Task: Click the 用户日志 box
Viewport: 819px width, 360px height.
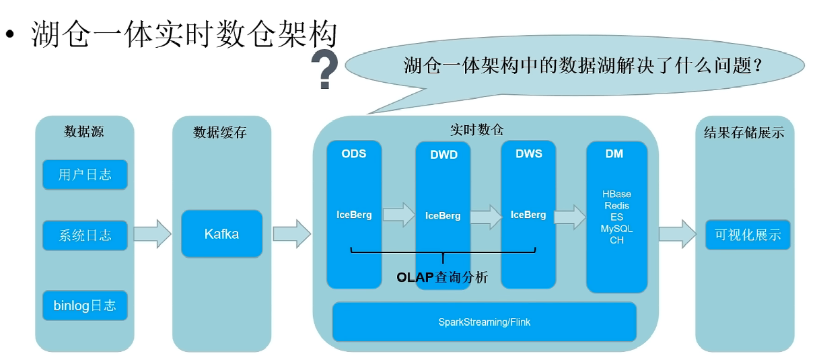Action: coord(85,175)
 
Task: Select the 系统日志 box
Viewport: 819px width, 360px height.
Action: coord(85,236)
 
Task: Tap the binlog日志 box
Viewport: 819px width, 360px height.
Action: coord(85,305)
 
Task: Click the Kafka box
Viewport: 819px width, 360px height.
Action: coord(221,234)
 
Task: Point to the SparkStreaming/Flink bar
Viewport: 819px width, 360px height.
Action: coord(484,322)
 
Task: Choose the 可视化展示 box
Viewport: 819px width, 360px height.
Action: coord(748,235)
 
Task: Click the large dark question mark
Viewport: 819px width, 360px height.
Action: coord(324,69)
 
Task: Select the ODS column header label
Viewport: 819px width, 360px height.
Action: coord(353,154)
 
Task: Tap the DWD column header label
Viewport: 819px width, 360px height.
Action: coord(443,155)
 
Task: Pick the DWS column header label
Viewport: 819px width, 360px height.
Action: coord(529,154)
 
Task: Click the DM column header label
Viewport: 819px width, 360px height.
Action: coord(614,154)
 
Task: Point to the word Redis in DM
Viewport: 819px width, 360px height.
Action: coord(617,206)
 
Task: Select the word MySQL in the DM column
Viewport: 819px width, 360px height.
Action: coord(617,229)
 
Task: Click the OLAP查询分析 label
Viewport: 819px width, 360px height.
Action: coord(442,277)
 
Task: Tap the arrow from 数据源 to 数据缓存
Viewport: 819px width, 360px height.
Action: coord(153,234)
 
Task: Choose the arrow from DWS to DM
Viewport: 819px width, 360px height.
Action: coord(570,217)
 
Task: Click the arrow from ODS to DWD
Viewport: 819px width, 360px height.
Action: coord(399,215)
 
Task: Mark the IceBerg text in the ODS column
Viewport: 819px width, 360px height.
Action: coord(354,215)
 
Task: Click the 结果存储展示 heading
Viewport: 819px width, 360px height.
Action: coord(744,133)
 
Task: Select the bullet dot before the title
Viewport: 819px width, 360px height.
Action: coord(10,34)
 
